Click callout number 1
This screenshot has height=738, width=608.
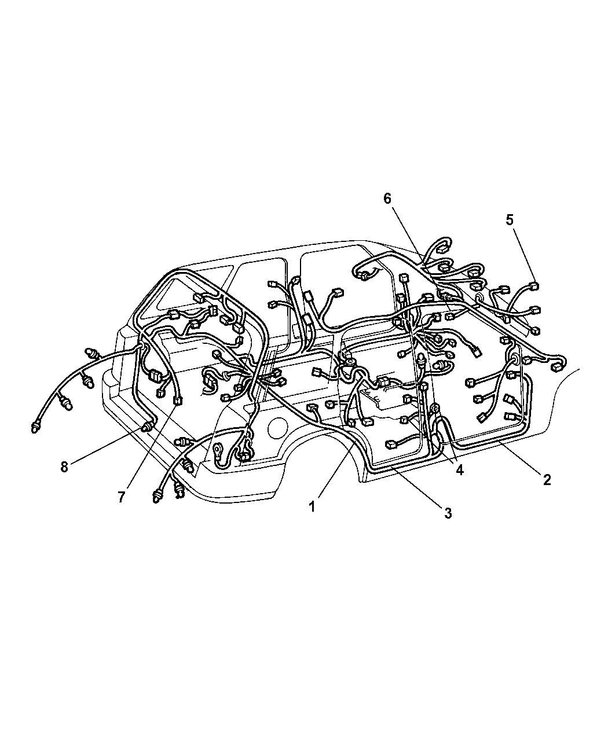(x=312, y=507)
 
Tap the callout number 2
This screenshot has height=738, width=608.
(x=547, y=480)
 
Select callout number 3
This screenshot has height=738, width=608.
(x=448, y=513)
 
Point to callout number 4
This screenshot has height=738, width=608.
(x=459, y=470)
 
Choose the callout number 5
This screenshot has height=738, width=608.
(x=509, y=220)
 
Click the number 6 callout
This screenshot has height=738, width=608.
(x=387, y=199)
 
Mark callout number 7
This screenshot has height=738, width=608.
(x=122, y=497)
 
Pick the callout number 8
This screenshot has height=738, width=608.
(x=64, y=467)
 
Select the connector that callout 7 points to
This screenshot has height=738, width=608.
(x=178, y=401)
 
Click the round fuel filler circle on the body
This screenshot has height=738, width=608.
(x=277, y=428)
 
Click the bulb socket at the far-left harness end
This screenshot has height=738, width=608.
(x=35, y=427)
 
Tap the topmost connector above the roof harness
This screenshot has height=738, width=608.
(x=442, y=249)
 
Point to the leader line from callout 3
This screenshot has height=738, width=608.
(x=417, y=486)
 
